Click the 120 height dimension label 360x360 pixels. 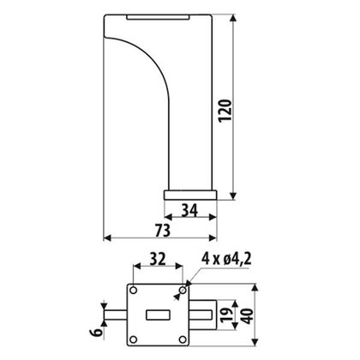[225, 111]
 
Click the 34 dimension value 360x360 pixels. [190, 211]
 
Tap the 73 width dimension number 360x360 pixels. [163, 231]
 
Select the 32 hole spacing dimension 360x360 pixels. [158, 259]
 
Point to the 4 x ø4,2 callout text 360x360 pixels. [226, 259]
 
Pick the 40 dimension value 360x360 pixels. [248, 316]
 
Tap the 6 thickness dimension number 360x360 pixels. [97, 333]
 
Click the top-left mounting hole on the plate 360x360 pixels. [133, 291]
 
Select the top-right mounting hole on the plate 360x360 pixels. [183, 291]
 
